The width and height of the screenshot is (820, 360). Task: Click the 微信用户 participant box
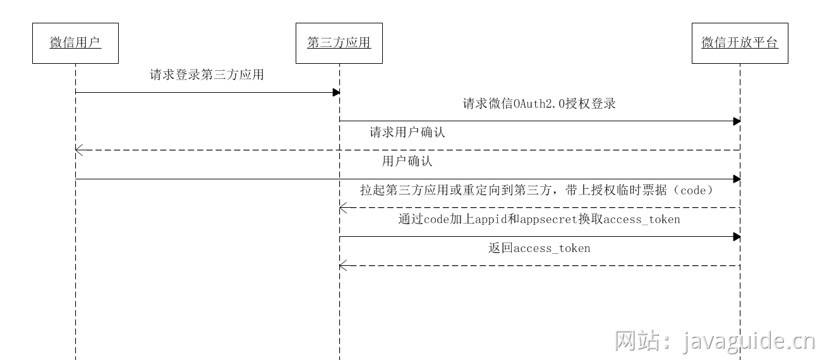(75, 43)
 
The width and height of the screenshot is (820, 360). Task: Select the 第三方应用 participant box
(339, 43)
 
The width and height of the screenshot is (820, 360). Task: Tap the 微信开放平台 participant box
(740, 43)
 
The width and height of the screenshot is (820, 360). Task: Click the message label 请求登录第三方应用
(207, 75)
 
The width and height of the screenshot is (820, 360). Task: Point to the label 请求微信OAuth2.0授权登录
(539, 104)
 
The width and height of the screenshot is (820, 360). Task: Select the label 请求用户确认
(407, 133)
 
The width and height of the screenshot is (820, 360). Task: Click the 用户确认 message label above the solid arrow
(407, 161)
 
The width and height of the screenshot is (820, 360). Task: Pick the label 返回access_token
(539, 248)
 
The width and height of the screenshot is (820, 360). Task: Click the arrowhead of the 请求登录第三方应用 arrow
(337, 93)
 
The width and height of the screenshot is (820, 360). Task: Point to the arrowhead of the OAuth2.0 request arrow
(737, 121)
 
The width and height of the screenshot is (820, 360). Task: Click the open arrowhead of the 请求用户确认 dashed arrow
(78, 150)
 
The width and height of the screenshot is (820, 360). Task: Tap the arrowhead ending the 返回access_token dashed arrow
(342, 266)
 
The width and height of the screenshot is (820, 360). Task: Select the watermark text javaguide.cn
(749, 342)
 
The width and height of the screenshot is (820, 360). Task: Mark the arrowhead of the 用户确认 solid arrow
(737, 179)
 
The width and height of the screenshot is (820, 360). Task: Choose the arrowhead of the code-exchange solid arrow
(737, 237)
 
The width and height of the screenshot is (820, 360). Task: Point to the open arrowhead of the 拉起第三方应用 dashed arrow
(342, 208)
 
